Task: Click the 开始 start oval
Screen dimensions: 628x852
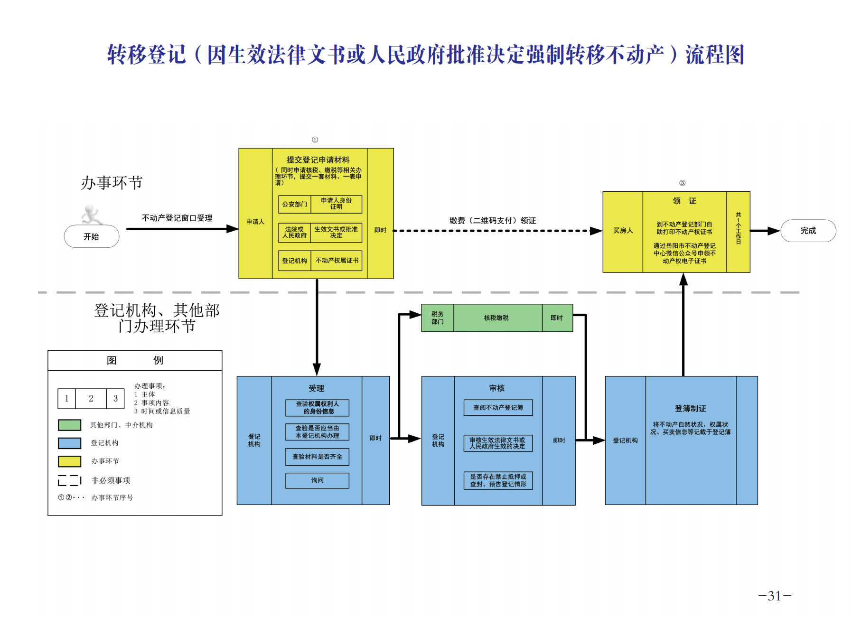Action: (92, 236)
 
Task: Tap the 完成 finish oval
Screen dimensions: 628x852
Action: (808, 231)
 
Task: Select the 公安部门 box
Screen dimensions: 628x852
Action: (294, 204)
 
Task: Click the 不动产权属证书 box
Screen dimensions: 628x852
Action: (337, 261)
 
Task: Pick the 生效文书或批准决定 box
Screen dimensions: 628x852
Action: (336, 233)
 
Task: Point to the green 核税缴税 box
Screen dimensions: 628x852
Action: (496, 318)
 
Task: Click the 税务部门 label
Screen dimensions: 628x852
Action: (437, 318)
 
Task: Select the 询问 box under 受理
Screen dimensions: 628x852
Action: (317, 480)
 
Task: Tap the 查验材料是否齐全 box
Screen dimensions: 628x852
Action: (317, 457)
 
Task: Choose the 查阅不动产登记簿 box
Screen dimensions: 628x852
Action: (498, 408)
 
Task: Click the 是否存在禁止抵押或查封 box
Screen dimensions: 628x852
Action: (498, 480)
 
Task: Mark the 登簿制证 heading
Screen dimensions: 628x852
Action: (690, 409)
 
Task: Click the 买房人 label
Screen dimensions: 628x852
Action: (623, 231)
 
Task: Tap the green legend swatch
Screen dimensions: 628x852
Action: (69, 425)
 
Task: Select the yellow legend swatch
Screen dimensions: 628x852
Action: (69, 461)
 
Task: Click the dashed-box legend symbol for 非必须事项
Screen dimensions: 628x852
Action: (69, 480)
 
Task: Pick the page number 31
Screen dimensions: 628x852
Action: (774, 596)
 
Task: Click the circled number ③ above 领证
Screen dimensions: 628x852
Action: (682, 183)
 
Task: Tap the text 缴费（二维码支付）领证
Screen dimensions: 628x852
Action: (492, 221)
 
